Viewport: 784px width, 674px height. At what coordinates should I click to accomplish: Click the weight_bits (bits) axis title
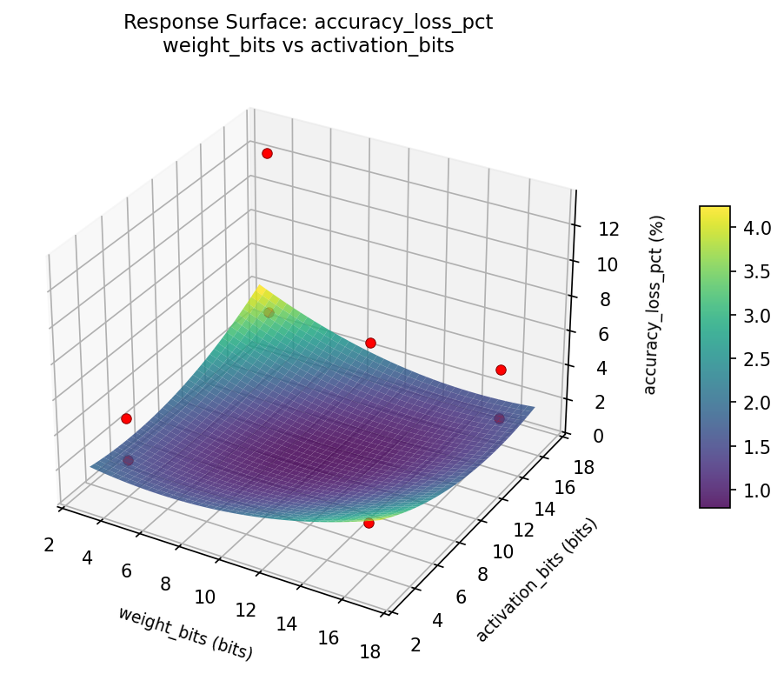(x=185, y=632)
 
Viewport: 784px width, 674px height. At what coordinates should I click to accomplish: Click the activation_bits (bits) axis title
(x=538, y=581)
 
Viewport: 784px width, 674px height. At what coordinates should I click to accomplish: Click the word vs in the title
(x=308, y=46)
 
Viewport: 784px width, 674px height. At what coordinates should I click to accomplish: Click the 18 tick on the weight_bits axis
(x=369, y=651)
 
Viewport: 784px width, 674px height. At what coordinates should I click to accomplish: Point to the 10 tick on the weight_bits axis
(x=205, y=597)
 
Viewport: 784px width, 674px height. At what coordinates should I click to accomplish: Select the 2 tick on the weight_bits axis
(x=49, y=544)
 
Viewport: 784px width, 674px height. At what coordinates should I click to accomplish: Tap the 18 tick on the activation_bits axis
(x=584, y=468)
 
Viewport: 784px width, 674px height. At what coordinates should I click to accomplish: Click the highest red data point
(x=267, y=153)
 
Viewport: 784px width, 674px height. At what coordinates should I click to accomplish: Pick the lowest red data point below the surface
(x=369, y=523)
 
